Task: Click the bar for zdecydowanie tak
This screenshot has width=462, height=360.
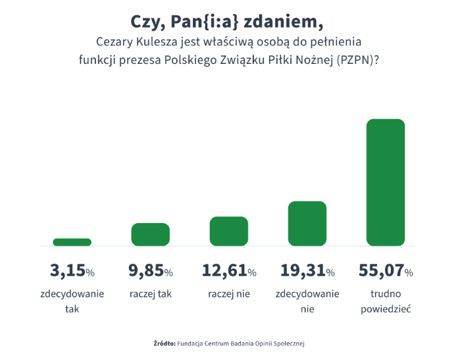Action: click(x=72, y=242)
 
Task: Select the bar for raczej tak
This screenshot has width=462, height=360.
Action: click(x=150, y=234)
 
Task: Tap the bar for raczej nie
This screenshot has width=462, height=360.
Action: click(x=228, y=231)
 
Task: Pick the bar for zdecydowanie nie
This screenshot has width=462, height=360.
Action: click(x=307, y=223)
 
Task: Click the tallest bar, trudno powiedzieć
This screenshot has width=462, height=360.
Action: click(x=385, y=182)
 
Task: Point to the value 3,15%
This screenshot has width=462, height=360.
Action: click(x=72, y=270)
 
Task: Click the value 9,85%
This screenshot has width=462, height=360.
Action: click(x=150, y=270)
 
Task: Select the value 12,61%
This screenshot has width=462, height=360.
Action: click(x=228, y=270)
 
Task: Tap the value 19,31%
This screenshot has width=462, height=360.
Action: click(x=307, y=270)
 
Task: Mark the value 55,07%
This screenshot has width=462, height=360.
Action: click(x=386, y=270)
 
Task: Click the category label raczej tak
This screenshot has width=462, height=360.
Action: click(x=151, y=294)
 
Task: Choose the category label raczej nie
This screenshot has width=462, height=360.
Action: click(x=229, y=294)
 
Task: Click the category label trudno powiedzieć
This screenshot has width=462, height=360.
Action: click(x=386, y=301)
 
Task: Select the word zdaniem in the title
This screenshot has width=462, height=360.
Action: click(x=284, y=22)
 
